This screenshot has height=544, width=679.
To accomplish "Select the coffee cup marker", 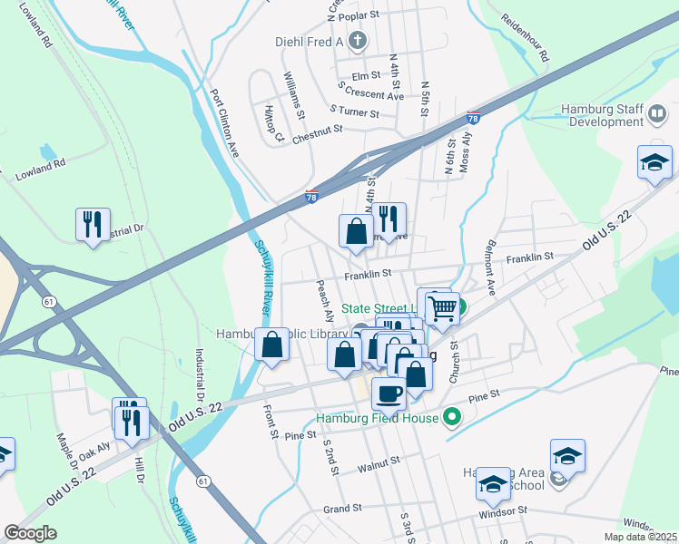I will click(x=389, y=394).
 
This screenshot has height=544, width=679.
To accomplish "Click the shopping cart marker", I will click(x=441, y=308).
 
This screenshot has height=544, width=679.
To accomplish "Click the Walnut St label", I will click(x=379, y=462).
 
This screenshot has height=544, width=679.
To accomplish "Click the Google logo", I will click(x=31, y=533).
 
